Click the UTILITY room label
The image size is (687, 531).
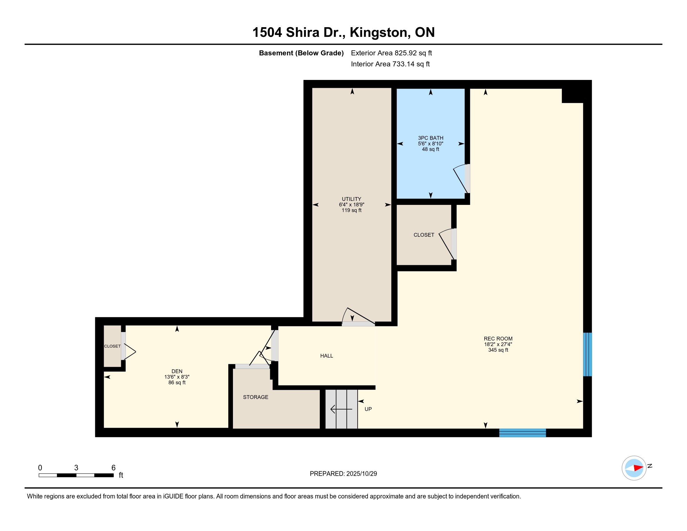[x=351, y=199]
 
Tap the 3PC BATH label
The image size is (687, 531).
[x=430, y=138]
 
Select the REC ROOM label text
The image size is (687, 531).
[x=498, y=339]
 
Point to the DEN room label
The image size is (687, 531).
[x=177, y=371]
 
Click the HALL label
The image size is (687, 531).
[x=327, y=356]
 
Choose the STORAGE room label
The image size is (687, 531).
[x=255, y=397]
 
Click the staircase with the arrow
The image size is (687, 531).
[x=341, y=409]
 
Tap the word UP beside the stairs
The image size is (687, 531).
[x=368, y=409]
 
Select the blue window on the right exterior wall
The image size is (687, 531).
[x=587, y=355]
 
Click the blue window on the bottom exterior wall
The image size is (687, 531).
[x=522, y=433]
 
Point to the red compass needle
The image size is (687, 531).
[x=639, y=468]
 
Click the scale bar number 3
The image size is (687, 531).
[x=76, y=468]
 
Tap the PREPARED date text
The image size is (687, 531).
[x=343, y=474]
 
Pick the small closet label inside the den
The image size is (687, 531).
[x=112, y=346]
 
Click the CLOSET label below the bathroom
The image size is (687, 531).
[x=424, y=235]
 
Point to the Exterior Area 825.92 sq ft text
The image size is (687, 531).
[x=391, y=53]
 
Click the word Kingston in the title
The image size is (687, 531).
[x=380, y=32]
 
